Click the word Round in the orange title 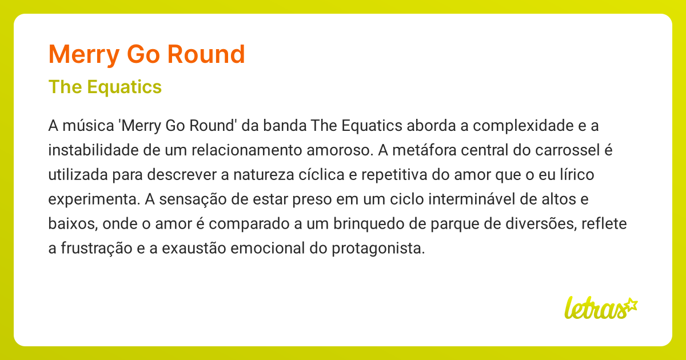[x=206, y=55]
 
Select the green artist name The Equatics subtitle [x=105, y=87]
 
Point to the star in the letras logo [x=631, y=304]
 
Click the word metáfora [x=411, y=150]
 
